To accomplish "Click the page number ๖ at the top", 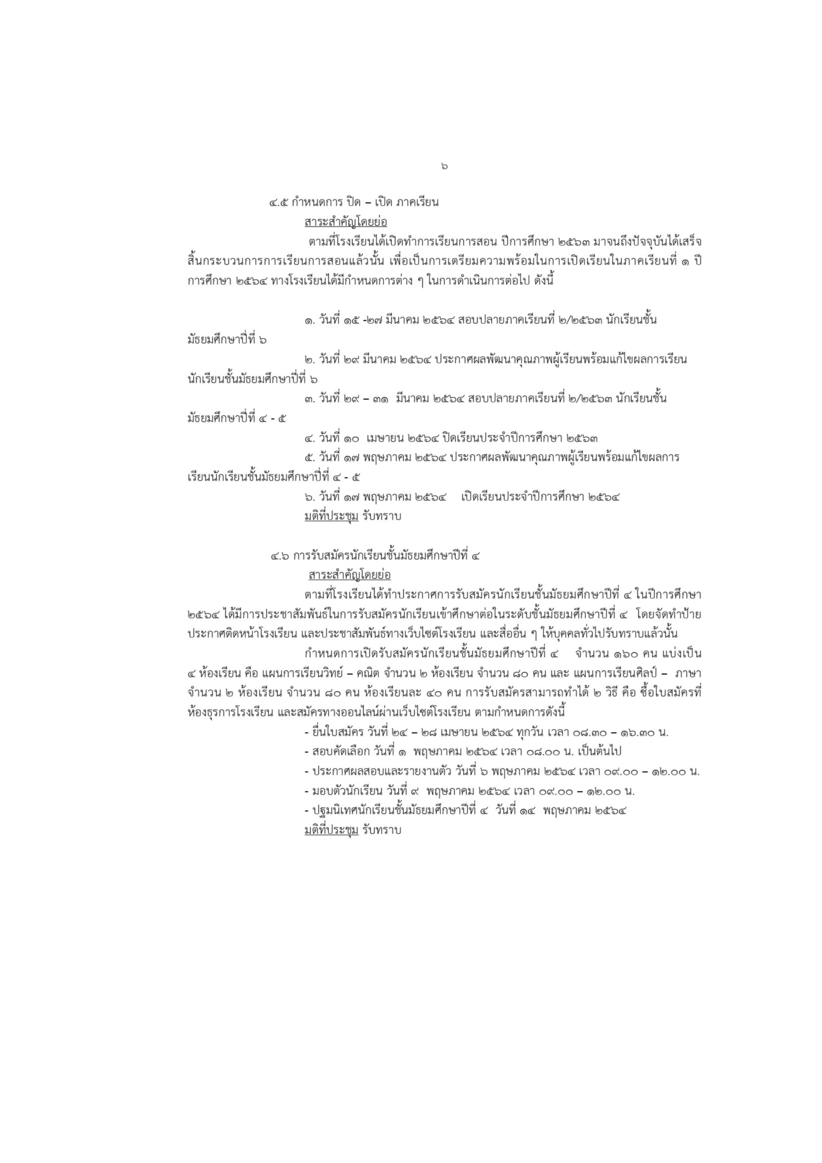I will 444,166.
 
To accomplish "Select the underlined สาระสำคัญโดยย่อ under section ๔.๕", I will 346,222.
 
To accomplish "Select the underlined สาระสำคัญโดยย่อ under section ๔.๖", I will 350,576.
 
